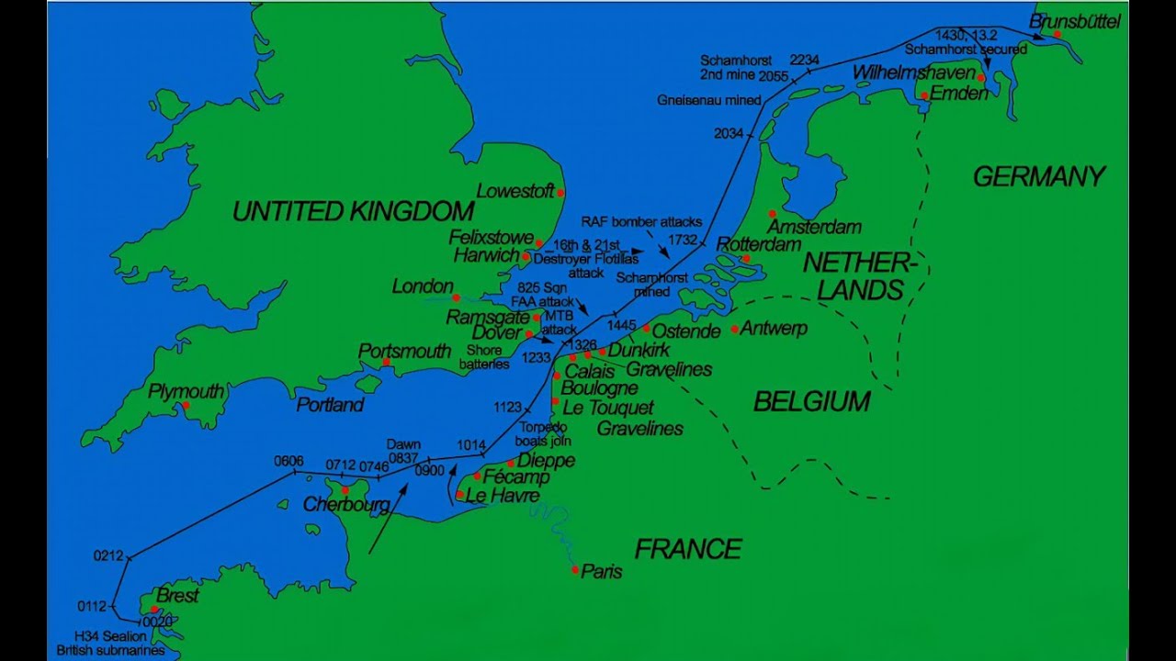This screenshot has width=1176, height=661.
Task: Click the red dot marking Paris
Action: [x=575, y=570]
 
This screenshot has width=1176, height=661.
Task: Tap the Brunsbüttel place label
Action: [x=1074, y=20]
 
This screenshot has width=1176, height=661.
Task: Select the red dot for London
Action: [x=456, y=297]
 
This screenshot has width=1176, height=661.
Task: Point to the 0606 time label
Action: [x=288, y=461]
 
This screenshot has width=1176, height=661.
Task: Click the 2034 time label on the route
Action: [x=728, y=134]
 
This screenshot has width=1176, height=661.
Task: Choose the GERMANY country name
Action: [x=1039, y=176]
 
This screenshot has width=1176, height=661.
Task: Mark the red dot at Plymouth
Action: [x=186, y=405]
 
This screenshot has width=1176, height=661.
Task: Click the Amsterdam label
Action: [x=814, y=227]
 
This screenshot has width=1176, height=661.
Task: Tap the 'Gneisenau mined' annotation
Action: [x=708, y=100]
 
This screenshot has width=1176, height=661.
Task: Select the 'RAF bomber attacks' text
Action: [x=641, y=221]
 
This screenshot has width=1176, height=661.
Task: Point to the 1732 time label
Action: [x=683, y=240]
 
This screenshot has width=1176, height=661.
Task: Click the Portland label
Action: [x=330, y=405]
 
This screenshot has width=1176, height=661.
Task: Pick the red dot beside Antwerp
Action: [x=735, y=329]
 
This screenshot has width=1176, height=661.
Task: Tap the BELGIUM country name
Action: [x=811, y=401]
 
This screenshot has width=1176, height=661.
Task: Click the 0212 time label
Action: [x=108, y=555]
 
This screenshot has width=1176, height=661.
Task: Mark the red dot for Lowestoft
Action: [x=560, y=193]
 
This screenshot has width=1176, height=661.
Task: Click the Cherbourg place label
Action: [x=346, y=505]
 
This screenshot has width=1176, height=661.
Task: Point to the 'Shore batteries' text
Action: [x=484, y=357]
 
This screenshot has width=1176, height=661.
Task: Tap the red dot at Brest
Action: [x=154, y=609]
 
